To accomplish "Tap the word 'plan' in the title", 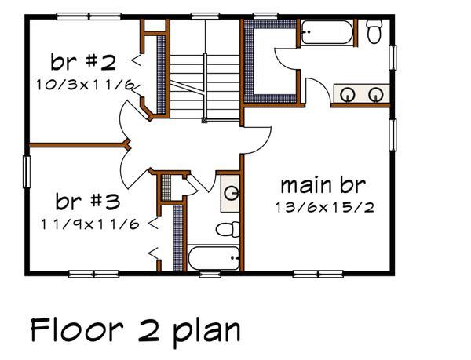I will pyautogui.click(x=207, y=332).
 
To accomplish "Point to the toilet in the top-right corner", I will pyautogui.click(x=374, y=31).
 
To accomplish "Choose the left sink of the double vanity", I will pyautogui.click(x=349, y=94).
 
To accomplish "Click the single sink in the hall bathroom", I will pyautogui.click(x=230, y=192).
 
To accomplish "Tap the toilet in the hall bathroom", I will pyautogui.click(x=227, y=230).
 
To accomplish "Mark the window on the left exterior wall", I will pyautogui.click(x=26, y=172).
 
